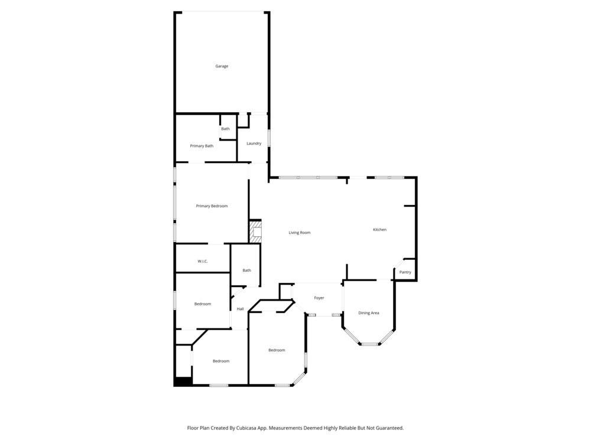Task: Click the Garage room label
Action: coord(222,66)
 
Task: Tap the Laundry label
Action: coord(254,144)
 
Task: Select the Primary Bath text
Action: coord(202,146)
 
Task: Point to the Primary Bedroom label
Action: coord(212,206)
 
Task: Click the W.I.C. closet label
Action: coord(202,261)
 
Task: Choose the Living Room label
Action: coord(300,233)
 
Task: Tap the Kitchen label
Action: coord(379,230)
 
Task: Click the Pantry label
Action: coord(405,272)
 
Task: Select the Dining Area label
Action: coord(369,313)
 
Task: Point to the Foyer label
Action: coord(319,298)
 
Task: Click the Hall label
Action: coord(241,309)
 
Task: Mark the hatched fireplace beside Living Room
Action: coord(255,232)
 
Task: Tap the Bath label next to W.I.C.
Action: coord(246,271)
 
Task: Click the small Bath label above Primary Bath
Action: coord(225,129)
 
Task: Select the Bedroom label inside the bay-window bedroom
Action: coord(277,350)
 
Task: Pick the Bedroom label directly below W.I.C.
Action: coord(203,304)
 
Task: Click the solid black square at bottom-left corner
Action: coord(183,382)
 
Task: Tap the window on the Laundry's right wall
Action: coord(269,138)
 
